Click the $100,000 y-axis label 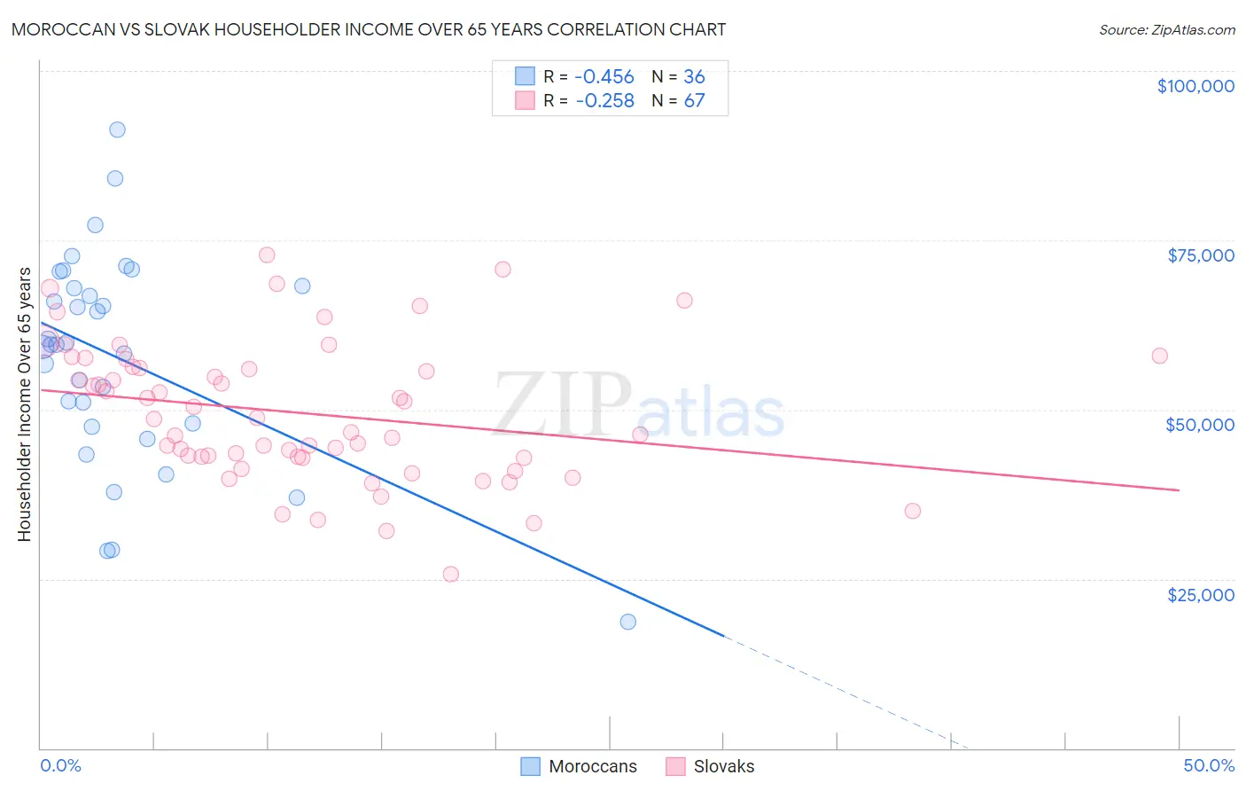click(1195, 86)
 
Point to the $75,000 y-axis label click(1200, 255)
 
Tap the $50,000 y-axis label click(1199, 425)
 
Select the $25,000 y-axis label click(1200, 595)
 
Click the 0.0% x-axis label click(60, 765)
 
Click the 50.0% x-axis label click(1208, 765)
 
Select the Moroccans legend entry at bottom click(579, 767)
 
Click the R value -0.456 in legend click(604, 77)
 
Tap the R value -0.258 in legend click(604, 101)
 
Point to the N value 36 click(694, 77)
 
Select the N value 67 click(694, 101)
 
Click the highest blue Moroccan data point click(117, 129)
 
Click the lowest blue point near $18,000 click(627, 622)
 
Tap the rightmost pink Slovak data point click(1159, 356)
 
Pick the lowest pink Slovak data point click(450, 574)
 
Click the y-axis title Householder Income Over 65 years click(25, 403)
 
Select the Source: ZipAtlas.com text click(1166, 30)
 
